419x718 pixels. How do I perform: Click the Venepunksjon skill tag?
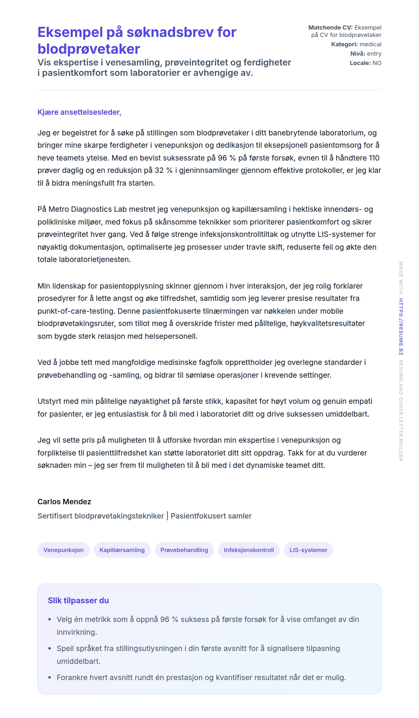(63, 550)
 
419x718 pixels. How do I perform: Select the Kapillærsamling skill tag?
(122, 550)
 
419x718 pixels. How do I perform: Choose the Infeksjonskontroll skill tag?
(248, 550)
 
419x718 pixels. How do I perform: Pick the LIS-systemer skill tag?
(308, 550)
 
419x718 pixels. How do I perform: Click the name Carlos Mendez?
(64, 502)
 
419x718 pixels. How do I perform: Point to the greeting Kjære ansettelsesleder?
(79, 112)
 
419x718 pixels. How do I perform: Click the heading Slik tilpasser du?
(78, 600)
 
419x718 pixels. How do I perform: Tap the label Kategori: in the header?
(344, 45)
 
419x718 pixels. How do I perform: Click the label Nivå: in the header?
(357, 54)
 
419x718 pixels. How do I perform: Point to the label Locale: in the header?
(360, 63)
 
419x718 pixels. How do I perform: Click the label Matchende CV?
(330, 28)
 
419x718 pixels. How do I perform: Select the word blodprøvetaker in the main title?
(89, 49)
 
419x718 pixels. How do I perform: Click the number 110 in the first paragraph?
(374, 158)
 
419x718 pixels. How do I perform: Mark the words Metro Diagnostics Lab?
(87, 209)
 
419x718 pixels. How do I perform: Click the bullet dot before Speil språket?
(50, 649)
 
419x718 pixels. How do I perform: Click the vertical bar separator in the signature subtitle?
(167, 516)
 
